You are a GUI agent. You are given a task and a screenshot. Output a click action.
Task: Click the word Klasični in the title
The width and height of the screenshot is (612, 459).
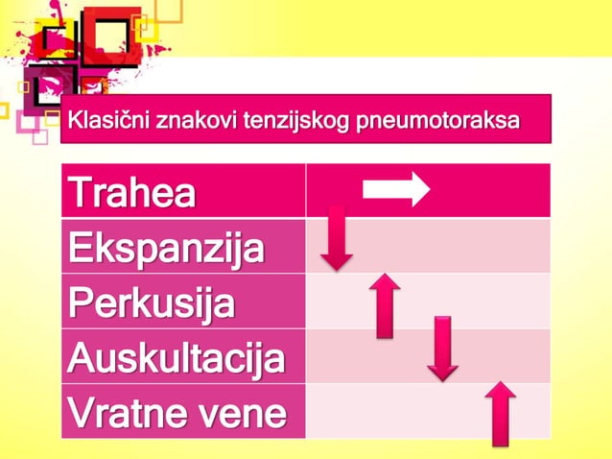tap(106, 122)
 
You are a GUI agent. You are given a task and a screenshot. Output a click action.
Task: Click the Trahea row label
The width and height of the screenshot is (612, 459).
tap(131, 193)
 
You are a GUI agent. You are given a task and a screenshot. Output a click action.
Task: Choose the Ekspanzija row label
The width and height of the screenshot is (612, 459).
tap(164, 248)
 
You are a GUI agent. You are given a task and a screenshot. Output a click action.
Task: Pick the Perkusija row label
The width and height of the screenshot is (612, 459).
tap(151, 302)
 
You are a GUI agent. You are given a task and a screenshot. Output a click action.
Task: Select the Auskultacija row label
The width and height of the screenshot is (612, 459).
tap(176, 358)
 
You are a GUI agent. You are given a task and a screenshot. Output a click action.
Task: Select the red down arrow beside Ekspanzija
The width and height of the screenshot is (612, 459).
tap(336, 236)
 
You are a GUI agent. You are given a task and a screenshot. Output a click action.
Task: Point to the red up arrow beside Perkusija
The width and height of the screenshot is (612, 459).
tap(384, 304)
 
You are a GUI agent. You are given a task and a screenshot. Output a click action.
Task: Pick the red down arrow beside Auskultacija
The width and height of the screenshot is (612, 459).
tap(441, 348)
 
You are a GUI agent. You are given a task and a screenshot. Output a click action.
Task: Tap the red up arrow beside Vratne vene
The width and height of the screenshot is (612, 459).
tap(500, 413)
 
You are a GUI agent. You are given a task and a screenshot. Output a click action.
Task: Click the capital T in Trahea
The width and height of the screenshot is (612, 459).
tap(79, 193)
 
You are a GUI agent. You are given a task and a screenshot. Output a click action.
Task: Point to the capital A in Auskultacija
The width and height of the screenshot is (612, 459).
tap(82, 358)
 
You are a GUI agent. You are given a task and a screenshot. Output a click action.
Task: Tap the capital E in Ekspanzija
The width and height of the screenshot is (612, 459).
tap(79, 248)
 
